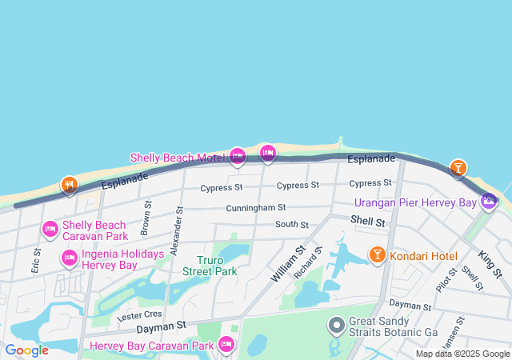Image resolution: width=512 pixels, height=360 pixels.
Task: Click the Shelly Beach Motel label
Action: coord(177,158)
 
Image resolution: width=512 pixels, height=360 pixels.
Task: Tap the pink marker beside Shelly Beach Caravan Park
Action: coord(50,230)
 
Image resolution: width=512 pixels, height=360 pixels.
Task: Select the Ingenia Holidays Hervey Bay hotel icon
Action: coord(70,259)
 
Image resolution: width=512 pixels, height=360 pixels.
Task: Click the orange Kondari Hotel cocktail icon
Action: coord(377,255)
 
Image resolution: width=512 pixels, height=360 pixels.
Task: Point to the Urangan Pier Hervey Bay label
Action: coord(415,203)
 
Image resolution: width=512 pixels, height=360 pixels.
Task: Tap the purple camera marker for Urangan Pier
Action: coord(488,202)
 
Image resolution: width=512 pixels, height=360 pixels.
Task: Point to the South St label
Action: coord(292,225)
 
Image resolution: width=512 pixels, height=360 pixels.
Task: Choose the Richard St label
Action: coord(307,262)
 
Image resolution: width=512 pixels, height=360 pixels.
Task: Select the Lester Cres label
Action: coord(139,315)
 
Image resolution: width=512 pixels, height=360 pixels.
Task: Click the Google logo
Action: coord(26,350)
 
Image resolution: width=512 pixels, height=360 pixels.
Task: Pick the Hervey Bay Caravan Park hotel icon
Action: coord(226,345)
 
